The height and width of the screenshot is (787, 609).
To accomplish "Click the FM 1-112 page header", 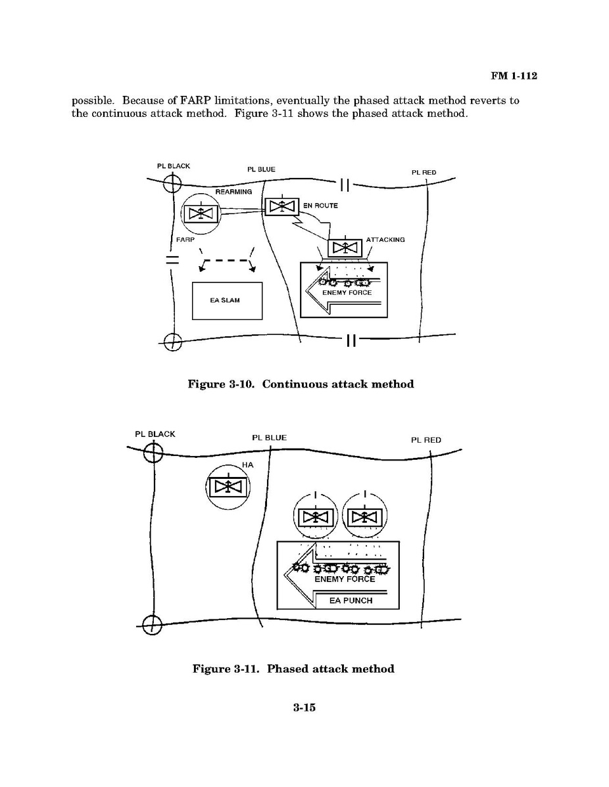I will (x=514, y=76).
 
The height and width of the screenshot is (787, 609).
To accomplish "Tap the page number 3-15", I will (x=304, y=708).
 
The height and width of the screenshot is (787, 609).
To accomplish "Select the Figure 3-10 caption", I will (x=301, y=384).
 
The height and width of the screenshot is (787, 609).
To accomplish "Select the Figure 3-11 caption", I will (x=293, y=669).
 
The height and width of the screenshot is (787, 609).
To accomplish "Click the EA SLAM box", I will (x=227, y=301).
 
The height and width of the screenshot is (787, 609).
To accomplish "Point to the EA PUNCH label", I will (x=351, y=600).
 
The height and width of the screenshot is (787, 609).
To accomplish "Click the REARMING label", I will (x=233, y=191).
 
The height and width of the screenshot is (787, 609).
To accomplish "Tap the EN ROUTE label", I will (x=320, y=206).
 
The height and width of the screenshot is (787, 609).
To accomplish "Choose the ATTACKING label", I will (x=385, y=240).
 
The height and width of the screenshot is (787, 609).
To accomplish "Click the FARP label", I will (x=184, y=240).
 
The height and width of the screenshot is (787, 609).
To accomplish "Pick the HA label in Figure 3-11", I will (x=247, y=464).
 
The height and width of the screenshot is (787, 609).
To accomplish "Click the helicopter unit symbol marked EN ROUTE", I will (x=281, y=206).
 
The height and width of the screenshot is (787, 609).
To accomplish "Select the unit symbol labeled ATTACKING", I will (x=344, y=248).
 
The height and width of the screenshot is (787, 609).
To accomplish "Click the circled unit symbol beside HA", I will (x=227, y=487).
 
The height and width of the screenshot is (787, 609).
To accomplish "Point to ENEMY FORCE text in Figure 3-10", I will (x=347, y=292).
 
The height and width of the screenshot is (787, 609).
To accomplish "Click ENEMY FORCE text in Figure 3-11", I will (x=345, y=579).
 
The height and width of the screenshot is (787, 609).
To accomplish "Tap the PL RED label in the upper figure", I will (x=424, y=172).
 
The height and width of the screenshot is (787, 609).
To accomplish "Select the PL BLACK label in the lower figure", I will (x=155, y=434).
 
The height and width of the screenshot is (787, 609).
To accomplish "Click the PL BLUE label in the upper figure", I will (x=261, y=169).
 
